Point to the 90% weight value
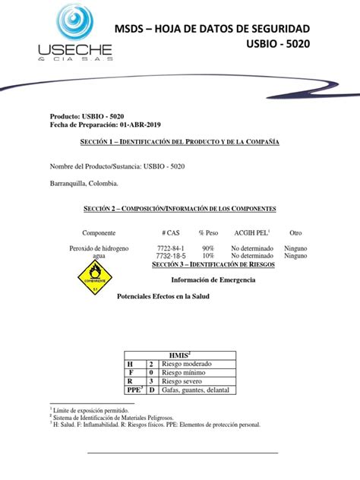click(x=207, y=248)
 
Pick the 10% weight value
click(x=207, y=257)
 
